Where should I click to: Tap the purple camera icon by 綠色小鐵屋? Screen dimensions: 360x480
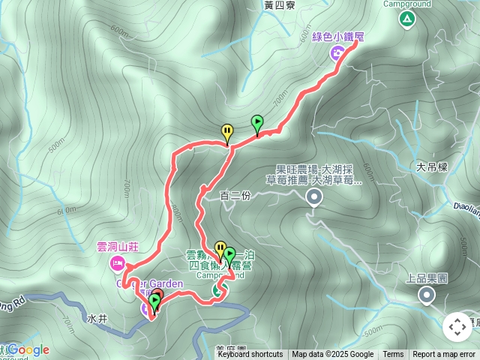pyautogui.click(x=337, y=52)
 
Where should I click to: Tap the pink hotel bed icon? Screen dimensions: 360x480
pyautogui.click(x=117, y=262)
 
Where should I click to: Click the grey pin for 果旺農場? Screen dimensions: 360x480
pyautogui.click(x=314, y=197)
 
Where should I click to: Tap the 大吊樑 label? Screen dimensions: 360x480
pyautogui.click(x=432, y=166)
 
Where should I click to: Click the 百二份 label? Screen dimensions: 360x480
pyautogui.click(x=235, y=196)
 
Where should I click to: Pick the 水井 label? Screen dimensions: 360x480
pyautogui.click(x=97, y=319)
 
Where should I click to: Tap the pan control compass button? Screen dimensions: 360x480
pyautogui.click(x=457, y=327)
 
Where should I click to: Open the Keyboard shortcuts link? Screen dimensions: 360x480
pyautogui.click(x=250, y=355)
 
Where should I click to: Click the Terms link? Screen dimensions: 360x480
pyautogui.click(x=393, y=355)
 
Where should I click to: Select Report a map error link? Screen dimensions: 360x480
pyautogui.click(x=445, y=355)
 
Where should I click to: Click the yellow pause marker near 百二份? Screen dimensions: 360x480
pyautogui.click(x=226, y=133)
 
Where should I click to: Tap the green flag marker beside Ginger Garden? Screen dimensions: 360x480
pyautogui.click(x=154, y=301)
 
